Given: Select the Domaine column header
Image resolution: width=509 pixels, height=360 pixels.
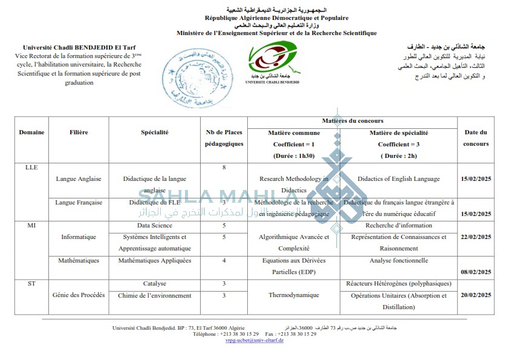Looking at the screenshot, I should (31, 132).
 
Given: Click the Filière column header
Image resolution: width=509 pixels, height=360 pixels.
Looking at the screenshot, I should (79, 132).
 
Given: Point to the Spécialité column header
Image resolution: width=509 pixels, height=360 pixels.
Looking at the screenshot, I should (155, 132).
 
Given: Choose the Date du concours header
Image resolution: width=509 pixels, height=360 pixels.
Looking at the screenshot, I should (476, 138).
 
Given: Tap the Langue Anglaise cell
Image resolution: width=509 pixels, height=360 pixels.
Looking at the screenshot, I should (79, 179).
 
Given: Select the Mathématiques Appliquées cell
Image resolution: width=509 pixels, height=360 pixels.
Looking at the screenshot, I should (155, 261).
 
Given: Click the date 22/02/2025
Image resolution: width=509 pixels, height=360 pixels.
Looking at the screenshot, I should (476, 237).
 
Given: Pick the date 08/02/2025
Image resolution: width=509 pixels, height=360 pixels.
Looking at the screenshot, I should (476, 272).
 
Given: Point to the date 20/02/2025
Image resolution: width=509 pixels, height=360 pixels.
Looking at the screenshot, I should (476, 295).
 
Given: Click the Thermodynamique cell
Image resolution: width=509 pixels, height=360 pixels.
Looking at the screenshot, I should (294, 295).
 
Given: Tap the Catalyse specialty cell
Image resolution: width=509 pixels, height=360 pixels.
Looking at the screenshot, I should (155, 284).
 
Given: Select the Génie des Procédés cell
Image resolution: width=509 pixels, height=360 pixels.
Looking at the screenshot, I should (79, 295).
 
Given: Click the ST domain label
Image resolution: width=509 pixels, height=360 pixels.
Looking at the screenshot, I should (31, 284).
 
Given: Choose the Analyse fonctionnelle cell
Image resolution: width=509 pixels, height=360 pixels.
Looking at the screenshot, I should (398, 261).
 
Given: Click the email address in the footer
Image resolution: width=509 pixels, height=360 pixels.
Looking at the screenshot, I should (254, 340).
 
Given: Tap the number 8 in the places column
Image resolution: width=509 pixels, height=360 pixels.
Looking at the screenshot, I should (224, 168).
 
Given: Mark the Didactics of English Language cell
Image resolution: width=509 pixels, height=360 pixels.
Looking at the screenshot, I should (398, 179).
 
